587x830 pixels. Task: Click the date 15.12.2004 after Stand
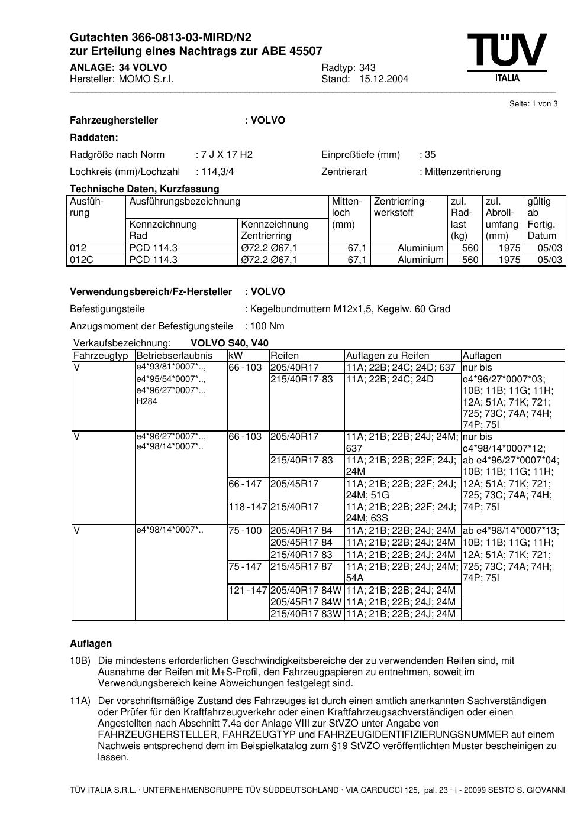point(383,79)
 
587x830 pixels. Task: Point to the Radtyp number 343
point(367,67)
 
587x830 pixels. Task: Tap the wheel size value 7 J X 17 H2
point(227,155)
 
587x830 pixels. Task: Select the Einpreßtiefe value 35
point(430,155)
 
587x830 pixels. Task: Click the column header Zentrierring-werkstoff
point(401,207)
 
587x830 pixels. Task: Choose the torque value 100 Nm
point(267,326)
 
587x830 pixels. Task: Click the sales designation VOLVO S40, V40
point(230,343)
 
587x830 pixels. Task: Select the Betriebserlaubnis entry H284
point(147,401)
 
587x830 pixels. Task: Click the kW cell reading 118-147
point(248,507)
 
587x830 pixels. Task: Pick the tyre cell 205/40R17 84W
point(305,590)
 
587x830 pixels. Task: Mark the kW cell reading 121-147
point(248,590)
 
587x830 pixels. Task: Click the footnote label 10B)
point(80,661)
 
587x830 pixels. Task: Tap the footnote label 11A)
point(80,701)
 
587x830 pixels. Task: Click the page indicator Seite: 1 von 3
point(533,104)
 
